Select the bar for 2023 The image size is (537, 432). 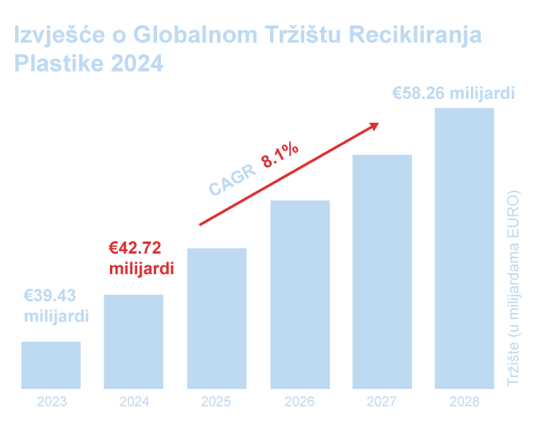point(51,365)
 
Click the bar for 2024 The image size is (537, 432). point(134,342)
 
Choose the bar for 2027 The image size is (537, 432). point(382,272)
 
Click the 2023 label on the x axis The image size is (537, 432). point(51,402)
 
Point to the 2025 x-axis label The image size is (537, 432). point(217,402)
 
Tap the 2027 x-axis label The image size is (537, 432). point(382,402)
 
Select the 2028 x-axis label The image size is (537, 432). point(464,402)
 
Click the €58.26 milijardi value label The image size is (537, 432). point(453,93)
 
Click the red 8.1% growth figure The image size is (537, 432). point(279,154)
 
